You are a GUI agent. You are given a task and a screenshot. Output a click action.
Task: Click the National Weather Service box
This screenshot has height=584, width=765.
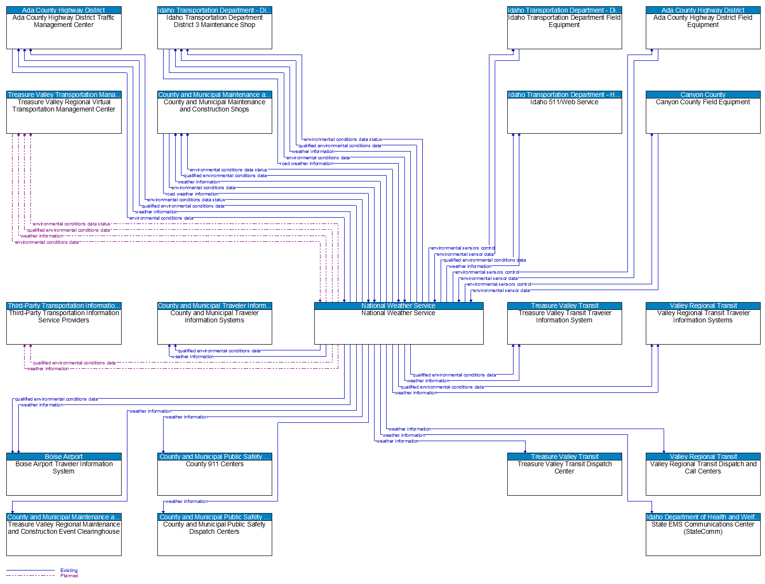click(398, 326)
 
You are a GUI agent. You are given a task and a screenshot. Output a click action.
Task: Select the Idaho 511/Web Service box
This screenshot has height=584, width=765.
click(564, 115)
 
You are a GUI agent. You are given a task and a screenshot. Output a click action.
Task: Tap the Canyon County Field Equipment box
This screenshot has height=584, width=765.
click(703, 115)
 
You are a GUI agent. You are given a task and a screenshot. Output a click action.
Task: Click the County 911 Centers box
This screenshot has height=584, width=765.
click(214, 477)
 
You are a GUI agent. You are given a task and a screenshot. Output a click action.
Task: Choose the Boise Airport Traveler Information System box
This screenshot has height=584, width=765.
click(64, 477)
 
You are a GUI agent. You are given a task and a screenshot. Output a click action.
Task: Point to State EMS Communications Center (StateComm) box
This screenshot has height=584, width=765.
click(703, 538)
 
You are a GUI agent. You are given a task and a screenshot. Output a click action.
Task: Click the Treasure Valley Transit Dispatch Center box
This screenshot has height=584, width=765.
click(564, 477)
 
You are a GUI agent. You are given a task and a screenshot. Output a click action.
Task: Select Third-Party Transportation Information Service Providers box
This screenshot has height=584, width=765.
click(64, 326)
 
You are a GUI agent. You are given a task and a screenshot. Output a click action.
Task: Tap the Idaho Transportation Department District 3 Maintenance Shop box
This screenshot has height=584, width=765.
click(214, 31)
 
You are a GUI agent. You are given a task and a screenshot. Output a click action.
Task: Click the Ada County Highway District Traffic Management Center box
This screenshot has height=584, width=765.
click(64, 31)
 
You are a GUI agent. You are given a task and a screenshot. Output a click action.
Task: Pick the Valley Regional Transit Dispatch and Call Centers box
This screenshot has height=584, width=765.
click(703, 477)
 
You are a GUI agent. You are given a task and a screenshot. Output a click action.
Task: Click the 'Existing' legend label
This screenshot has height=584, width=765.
click(69, 570)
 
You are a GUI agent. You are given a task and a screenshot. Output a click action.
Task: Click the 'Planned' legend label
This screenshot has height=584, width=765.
click(69, 576)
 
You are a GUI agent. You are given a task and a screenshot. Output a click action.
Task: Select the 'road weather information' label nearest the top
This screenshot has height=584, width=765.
click(307, 164)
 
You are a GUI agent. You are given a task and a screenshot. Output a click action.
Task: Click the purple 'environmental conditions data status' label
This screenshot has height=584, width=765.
click(71, 224)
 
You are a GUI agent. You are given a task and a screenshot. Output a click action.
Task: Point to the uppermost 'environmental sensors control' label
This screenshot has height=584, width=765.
click(462, 248)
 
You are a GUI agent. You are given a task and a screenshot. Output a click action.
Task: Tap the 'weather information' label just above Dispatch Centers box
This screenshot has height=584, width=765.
click(187, 501)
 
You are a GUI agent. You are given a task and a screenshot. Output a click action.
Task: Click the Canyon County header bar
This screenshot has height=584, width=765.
click(703, 95)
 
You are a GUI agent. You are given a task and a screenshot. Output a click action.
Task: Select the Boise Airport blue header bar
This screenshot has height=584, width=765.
click(64, 457)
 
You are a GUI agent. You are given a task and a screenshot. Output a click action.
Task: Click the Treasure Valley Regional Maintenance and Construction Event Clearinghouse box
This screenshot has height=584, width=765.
click(64, 538)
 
